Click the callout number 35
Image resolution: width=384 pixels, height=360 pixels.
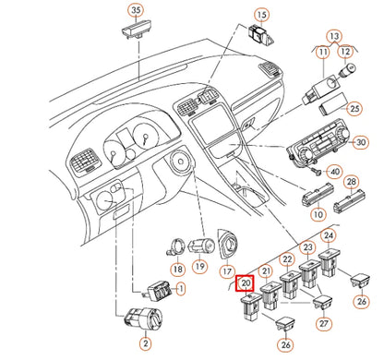coord(136,10)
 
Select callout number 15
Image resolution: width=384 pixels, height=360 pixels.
coord(261,15)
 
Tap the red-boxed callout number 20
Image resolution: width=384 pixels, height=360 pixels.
coord(245,282)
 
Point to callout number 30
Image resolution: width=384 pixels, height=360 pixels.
coord(361,142)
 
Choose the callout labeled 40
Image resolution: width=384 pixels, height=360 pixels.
coord(335,172)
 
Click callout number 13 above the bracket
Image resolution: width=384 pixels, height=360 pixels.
coord(334,36)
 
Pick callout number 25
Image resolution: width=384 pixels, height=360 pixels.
coord(354,108)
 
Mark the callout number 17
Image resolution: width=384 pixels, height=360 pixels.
coord(227,271)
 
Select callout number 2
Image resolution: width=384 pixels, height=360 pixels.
coord(146,343)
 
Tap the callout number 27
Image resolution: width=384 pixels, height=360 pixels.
coord(324,323)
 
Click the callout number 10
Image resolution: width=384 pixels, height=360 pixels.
coord(318,214)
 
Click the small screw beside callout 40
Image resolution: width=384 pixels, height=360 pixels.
coord(318,171)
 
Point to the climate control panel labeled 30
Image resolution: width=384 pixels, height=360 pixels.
coord(318,144)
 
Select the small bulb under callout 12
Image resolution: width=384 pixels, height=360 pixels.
coord(347,69)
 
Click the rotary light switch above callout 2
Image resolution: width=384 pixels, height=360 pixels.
coord(143,318)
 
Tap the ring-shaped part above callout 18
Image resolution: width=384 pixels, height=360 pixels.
coord(176,246)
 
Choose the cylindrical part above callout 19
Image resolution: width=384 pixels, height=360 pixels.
coord(201,246)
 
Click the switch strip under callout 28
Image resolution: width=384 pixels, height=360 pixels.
coord(349,201)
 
